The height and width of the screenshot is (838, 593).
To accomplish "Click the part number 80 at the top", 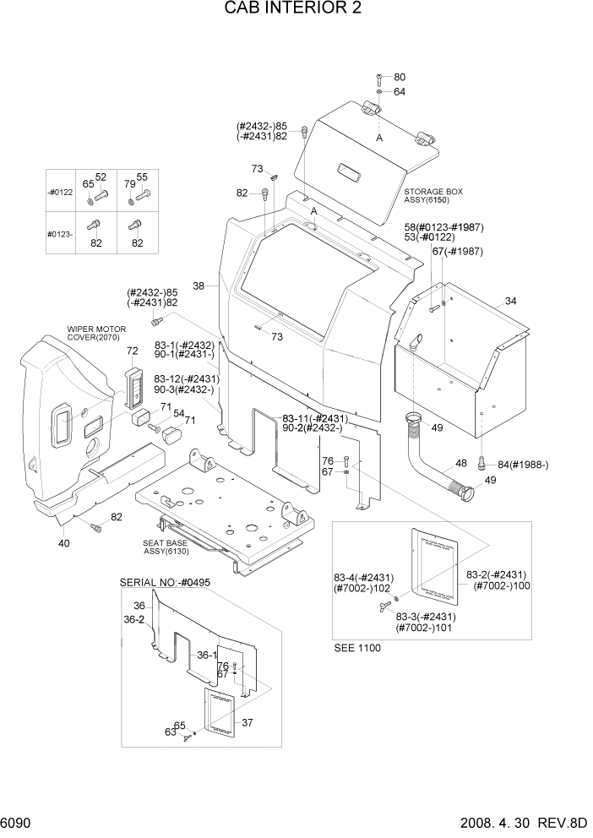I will (400, 78).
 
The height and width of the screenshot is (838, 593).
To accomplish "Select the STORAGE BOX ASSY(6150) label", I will (433, 196).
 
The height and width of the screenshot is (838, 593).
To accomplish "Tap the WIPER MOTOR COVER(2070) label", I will (96, 333).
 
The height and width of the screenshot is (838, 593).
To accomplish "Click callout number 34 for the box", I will (510, 302).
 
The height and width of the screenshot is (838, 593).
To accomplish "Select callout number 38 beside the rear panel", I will (199, 286).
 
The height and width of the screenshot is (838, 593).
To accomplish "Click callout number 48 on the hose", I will (461, 463).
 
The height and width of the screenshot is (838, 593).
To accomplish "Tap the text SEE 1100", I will (357, 648).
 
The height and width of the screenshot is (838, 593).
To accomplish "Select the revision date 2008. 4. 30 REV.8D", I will (522, 822).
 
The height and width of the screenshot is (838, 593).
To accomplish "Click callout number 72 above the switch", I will (132, 351).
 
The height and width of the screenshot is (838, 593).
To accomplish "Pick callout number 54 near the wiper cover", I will (179, 413).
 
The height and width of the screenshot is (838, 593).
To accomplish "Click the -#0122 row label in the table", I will (61, 193).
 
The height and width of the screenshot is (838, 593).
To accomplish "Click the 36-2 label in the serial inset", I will (133, 619).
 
